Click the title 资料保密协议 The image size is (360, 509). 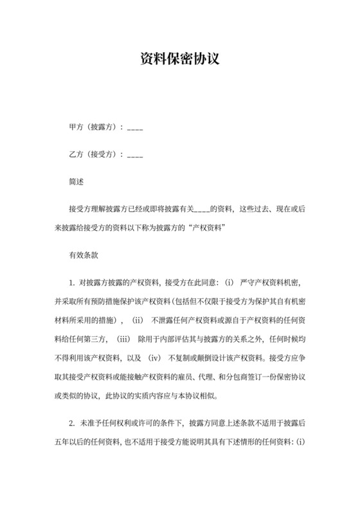click(x=180, y=60)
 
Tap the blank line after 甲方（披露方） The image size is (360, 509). click(x=135, y=129)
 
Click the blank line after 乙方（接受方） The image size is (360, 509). click(x=135, y=156)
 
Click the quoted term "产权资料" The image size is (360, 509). click(x=207, y=226)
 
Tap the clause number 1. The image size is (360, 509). click(x=72, y=281)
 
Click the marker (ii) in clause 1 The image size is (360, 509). click(x=139, y=319)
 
